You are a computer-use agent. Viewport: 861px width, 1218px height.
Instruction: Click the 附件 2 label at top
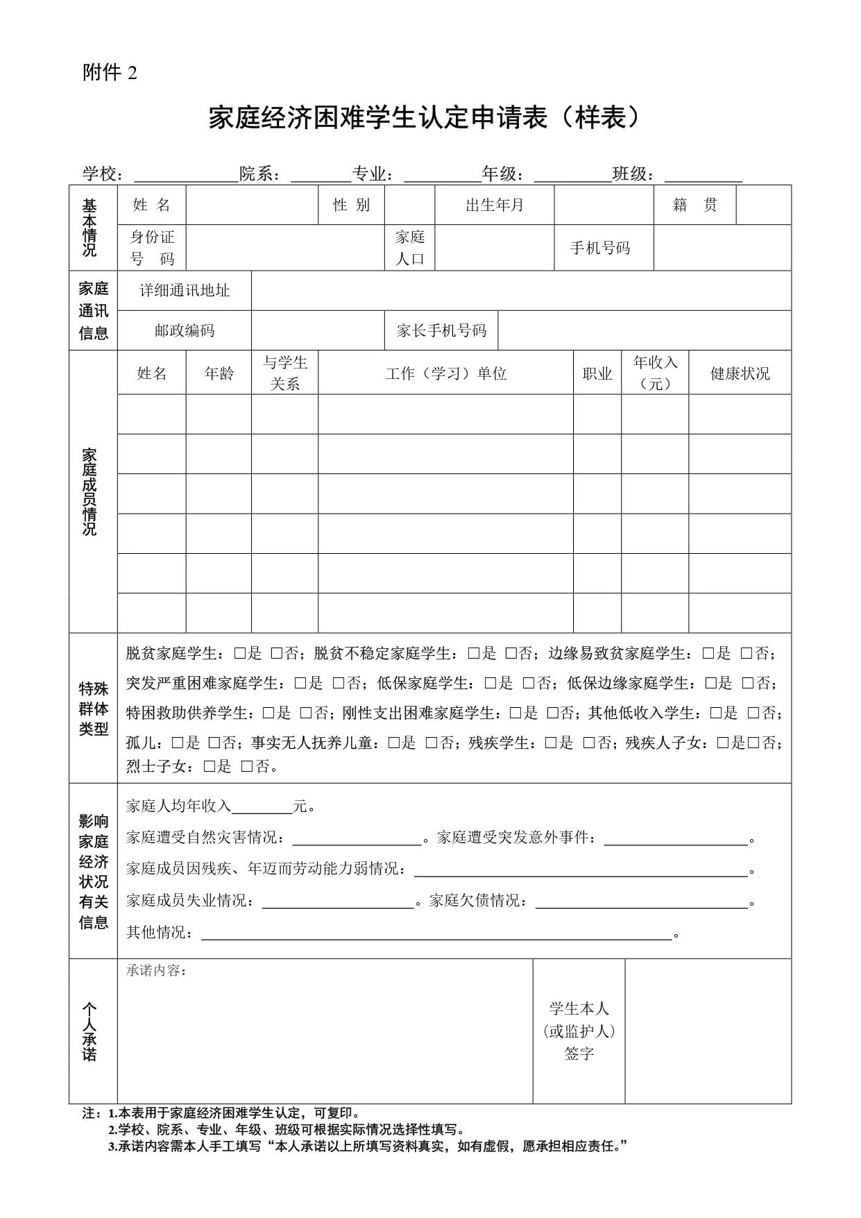click(x=110, y=72)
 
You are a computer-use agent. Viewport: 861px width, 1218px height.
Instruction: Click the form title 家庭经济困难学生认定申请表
click(x=423, y=118)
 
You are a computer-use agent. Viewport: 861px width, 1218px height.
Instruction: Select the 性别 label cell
click(x=351, y=205)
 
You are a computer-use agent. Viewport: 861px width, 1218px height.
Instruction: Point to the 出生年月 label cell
click(x=494, y=205)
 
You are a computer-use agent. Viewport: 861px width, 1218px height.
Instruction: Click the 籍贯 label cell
click(x=694, y=205)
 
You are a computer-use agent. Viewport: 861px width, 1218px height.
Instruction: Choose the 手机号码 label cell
click(x=600, y=248)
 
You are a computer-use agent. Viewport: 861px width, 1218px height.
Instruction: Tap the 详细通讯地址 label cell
click(x=185, y=290)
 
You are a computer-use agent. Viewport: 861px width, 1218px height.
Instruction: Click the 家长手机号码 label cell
click(x=441, y=330)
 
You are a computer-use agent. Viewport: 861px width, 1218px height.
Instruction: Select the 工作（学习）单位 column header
click(x=445, y=373)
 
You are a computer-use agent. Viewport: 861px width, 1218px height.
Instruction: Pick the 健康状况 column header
click(x=740, y=373)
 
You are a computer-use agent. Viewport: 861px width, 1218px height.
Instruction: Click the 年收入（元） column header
click(x=654, y=373)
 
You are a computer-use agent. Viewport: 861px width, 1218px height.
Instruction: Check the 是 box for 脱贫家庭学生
click(x=240, y=653)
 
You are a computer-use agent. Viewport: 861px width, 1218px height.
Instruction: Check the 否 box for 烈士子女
click(x=247, y=766)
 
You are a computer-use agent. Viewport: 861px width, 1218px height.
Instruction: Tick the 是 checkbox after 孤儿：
click(x=178, y=743)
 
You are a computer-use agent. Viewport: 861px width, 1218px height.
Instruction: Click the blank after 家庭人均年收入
click(x=262, y=806)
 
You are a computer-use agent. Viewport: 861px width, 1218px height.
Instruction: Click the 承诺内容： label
click(x=156, y=970)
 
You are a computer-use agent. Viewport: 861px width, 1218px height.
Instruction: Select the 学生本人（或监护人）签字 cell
click(x=579, y=1031)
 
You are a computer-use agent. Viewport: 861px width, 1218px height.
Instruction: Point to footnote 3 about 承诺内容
click(x=368, y=1146)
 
